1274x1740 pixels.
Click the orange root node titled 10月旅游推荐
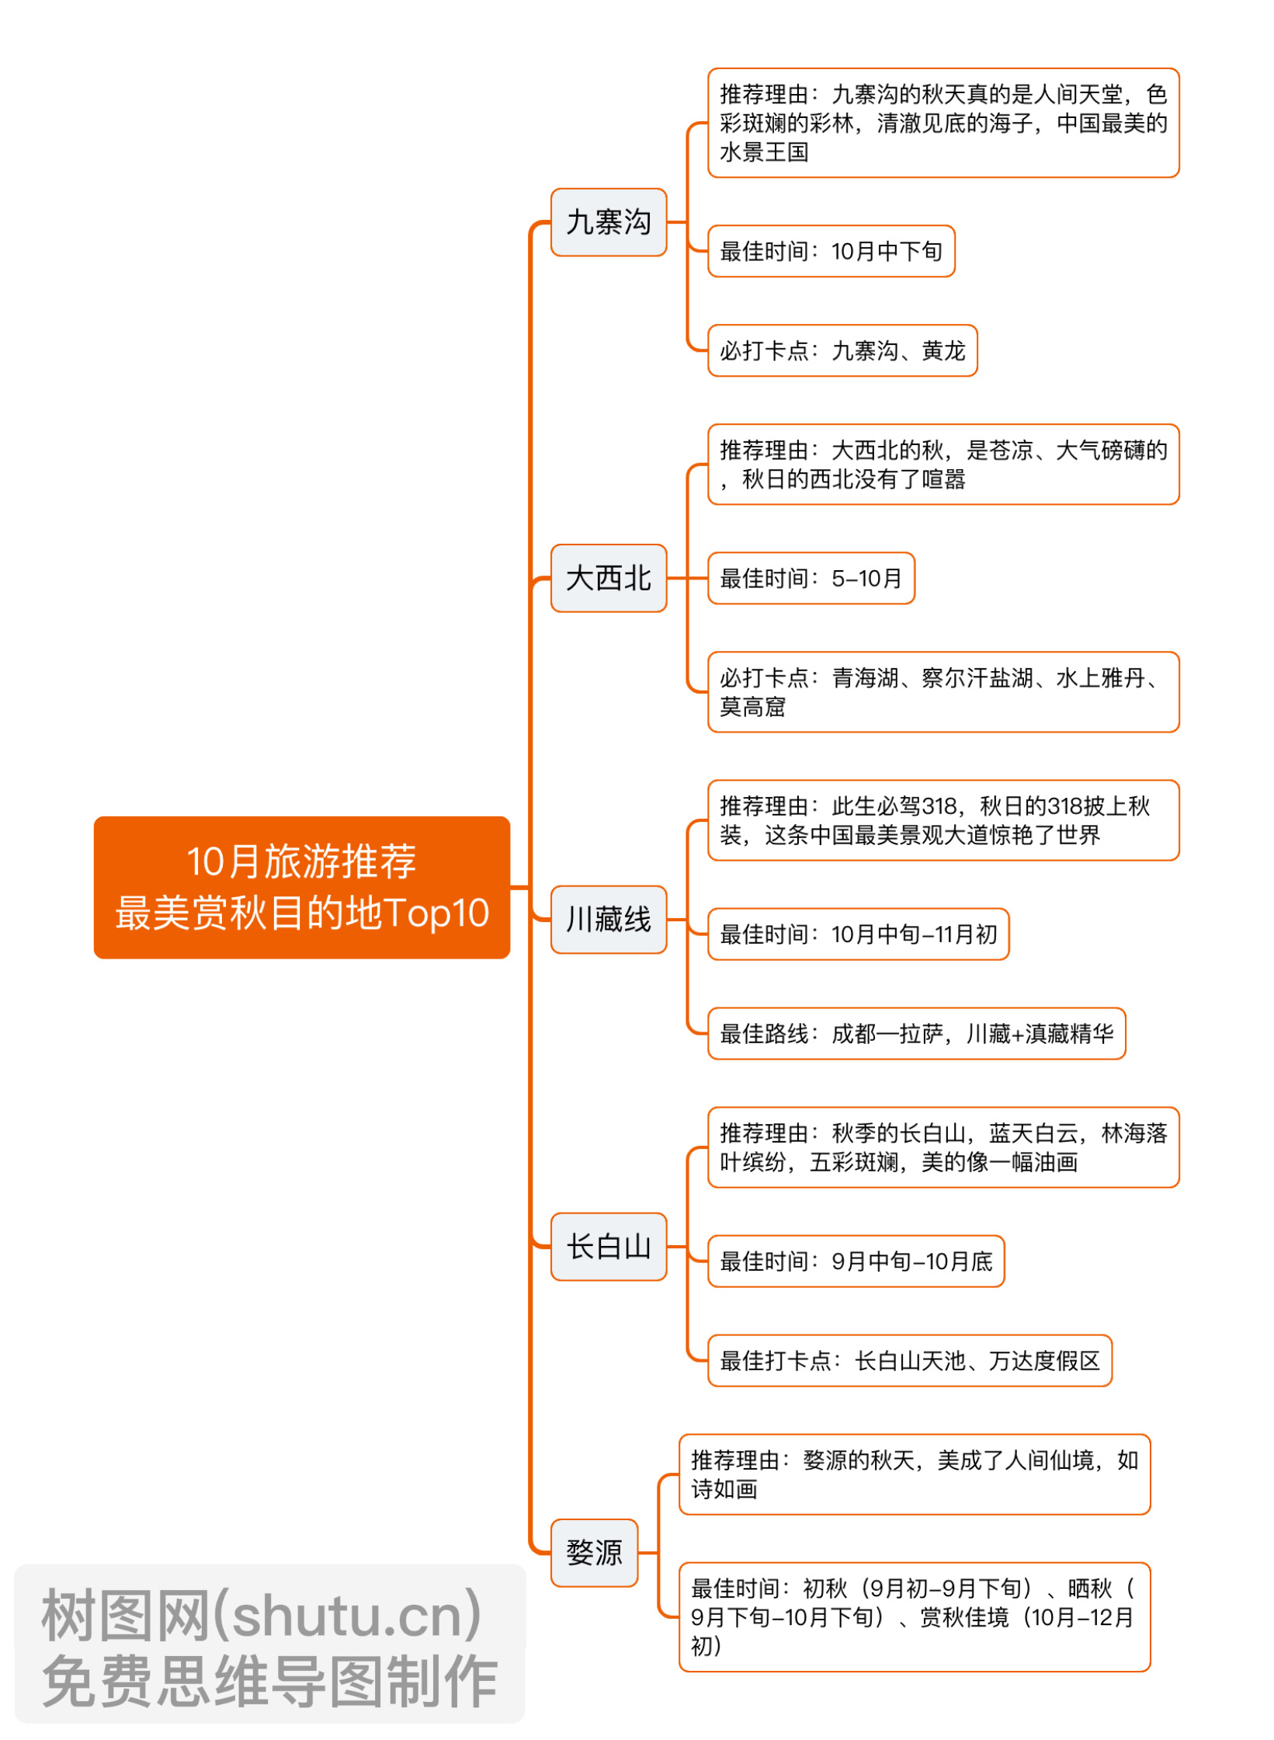point(301,886)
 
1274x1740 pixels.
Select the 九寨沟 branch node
point(608,222)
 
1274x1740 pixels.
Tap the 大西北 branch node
point(608,578)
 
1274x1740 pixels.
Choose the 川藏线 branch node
point(608,919)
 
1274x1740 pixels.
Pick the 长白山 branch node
point(608,1246)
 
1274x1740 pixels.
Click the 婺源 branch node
point(594,1552)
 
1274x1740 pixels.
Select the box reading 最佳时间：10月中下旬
point(831,251)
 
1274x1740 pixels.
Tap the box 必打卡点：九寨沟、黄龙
point(842,350)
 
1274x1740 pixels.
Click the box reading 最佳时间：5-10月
point(811,578)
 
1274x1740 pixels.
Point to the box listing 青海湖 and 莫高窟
point(942,691)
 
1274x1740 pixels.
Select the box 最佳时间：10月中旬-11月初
point(858,934)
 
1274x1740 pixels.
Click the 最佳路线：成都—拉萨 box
point(916,1033)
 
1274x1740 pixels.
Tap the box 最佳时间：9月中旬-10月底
point(856,1261)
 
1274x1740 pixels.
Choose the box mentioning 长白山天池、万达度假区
point(909,1360)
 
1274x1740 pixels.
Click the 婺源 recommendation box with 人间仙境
point(914,1474)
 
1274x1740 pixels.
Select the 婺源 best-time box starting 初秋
point(914,1616)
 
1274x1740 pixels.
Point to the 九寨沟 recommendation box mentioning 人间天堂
point(942,123)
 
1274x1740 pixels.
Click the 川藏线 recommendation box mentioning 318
point(942,820)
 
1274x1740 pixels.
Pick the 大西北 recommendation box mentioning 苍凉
point(942,464)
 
